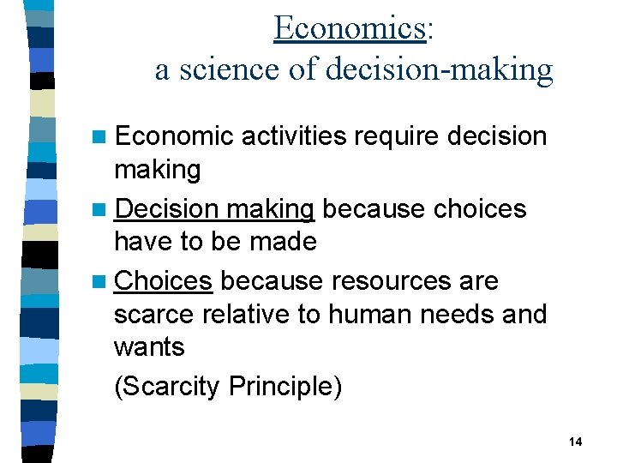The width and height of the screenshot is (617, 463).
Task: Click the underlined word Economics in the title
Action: pos(350,27)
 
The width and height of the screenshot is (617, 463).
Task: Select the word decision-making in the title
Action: pos(440,69)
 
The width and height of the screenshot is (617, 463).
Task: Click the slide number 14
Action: pos(575,441)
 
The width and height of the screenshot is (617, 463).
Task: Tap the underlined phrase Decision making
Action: pos(214,209)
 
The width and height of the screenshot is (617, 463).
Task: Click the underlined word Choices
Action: pos(163,281)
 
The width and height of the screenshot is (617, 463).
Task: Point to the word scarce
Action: pos(154,315)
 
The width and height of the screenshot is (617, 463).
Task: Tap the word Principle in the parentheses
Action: pos(285,387)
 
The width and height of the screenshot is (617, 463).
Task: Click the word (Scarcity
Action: pos(168,387)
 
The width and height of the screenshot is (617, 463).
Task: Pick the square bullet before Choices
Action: pos(103,282)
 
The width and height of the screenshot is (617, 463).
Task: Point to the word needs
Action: pos(454,315)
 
